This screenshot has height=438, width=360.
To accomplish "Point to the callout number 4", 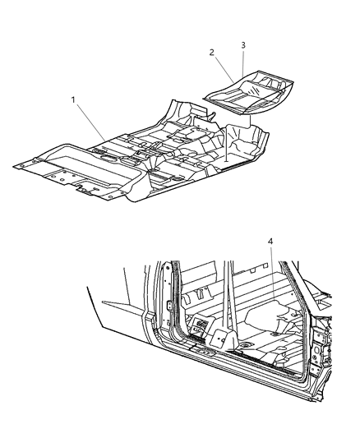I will click(x=270, y=241).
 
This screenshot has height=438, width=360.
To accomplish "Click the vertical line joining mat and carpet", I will click(x=228, y=140).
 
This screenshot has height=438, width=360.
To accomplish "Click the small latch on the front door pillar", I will click(x=168, y=306).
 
